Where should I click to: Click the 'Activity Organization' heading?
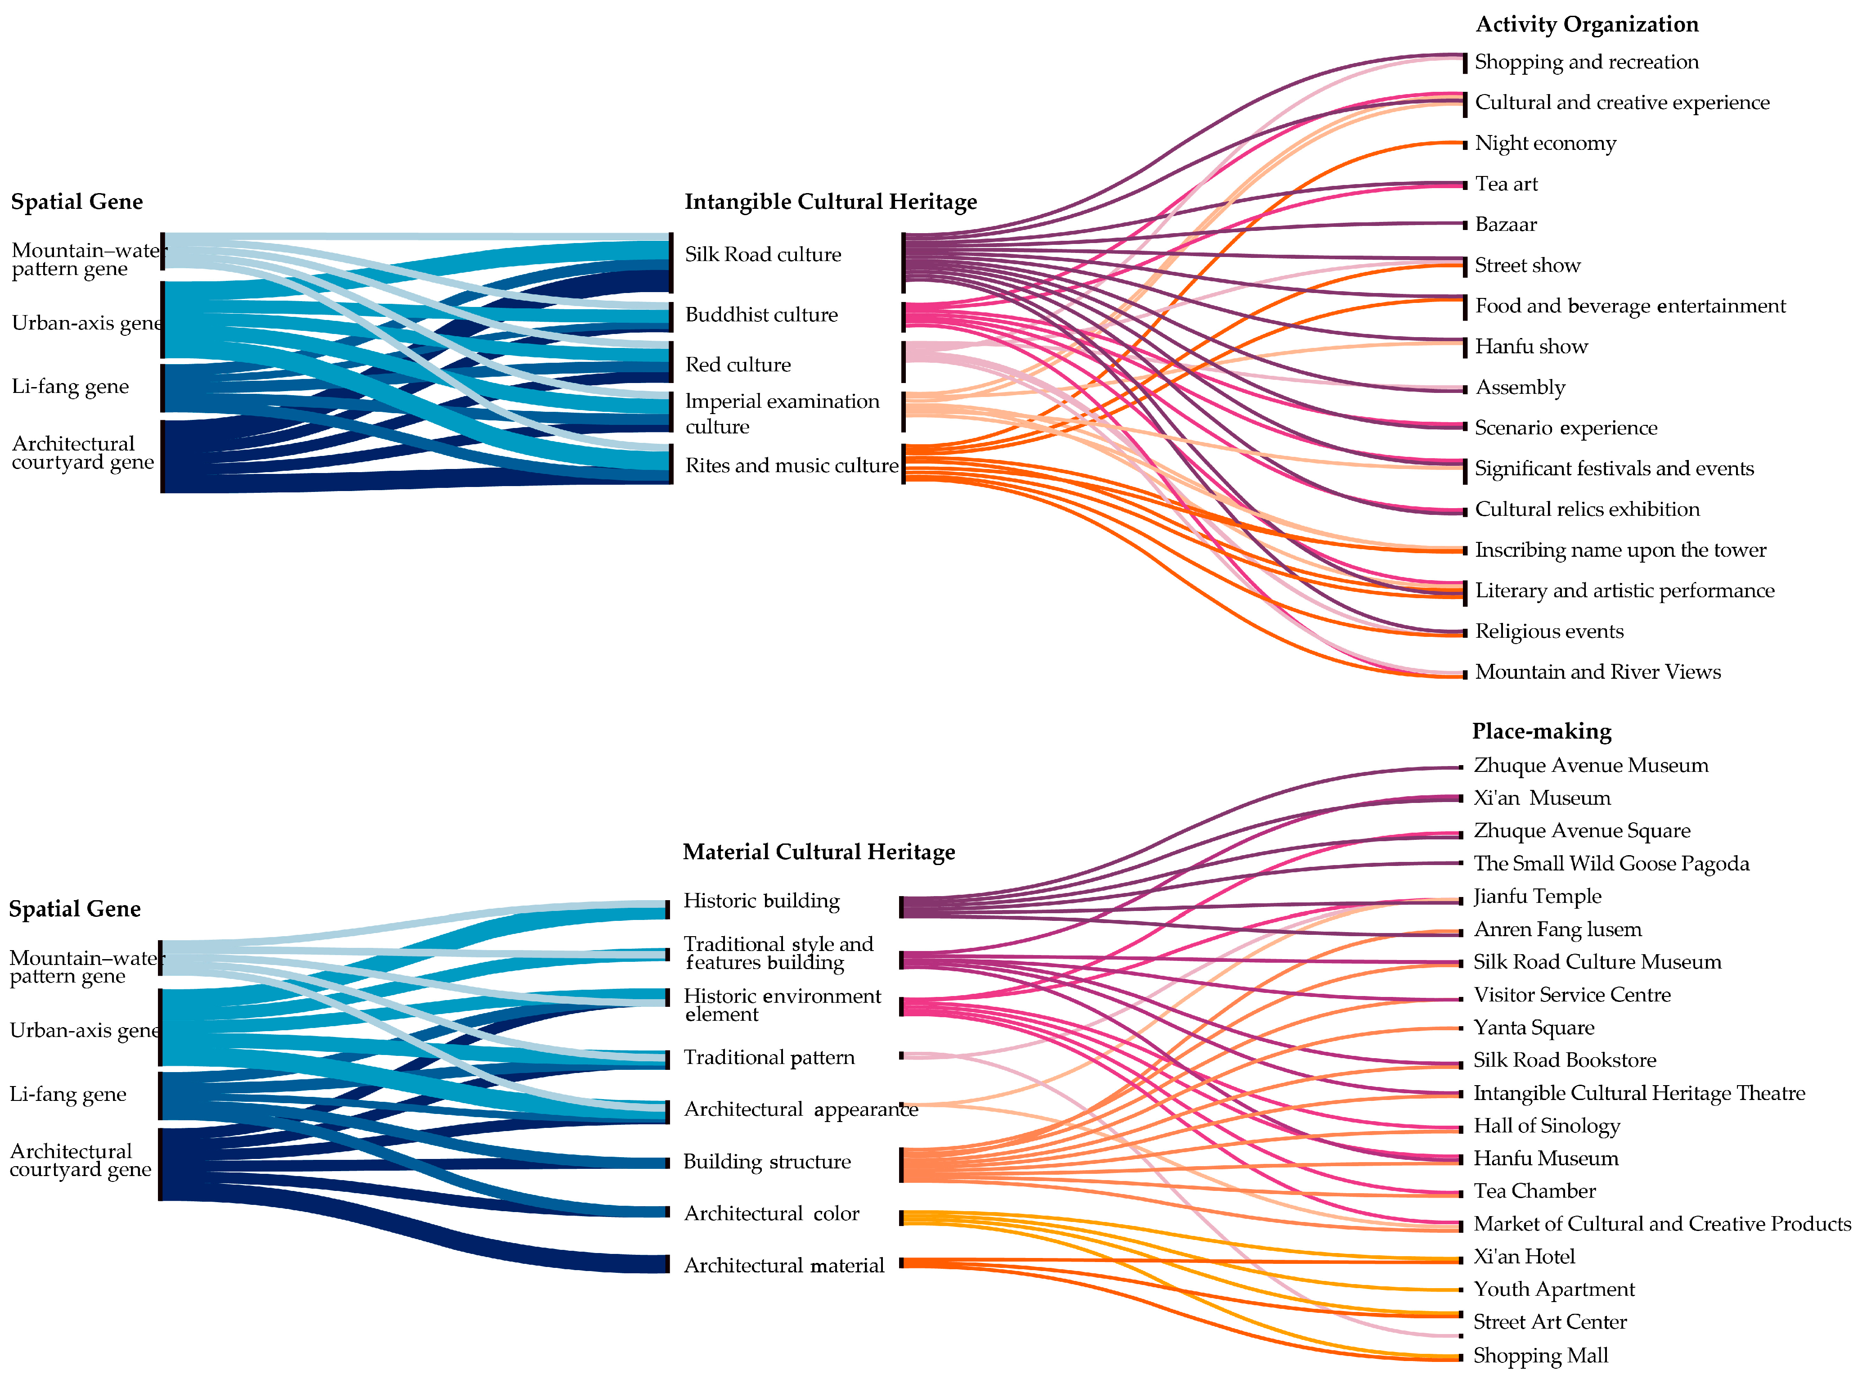[1587, 24]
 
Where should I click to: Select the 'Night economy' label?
[1545, 143]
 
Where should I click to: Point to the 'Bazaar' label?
[1505, 225]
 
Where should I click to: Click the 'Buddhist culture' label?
[760, 315]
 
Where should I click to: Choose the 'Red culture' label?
[737, 365]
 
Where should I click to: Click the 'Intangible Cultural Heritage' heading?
[830, 202]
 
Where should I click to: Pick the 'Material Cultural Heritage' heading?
[819, 852]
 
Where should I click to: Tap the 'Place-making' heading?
[1541, 731]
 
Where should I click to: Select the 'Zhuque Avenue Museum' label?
[1590, 765]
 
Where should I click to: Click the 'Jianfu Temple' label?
[1537, 897]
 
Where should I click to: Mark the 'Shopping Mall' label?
[1540, 1356]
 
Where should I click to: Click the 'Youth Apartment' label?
[1554, 1289]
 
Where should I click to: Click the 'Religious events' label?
[1549, 631]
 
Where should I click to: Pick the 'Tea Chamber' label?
[1534, 1191]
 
